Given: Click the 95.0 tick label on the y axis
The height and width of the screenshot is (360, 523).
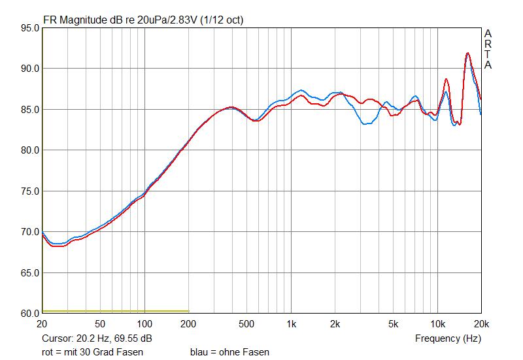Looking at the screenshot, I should click(29, 28).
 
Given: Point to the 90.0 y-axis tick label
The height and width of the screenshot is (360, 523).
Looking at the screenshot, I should click(29, 69).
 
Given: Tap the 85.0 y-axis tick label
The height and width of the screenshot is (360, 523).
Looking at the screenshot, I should click(29, 110).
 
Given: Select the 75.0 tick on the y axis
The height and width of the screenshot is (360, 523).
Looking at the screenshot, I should click(29, 191).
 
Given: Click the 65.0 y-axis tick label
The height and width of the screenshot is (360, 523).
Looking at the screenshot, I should click(29, 273).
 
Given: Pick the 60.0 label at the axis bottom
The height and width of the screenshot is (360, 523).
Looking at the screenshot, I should click(29, 314).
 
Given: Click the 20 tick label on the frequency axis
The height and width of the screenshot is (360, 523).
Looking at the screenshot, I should click(42, 324).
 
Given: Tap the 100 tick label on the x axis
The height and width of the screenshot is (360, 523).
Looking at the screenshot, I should click(144, 324).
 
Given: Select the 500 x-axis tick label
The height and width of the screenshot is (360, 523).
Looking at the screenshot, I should click(246, 324).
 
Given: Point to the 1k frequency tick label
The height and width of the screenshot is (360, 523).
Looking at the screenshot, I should click(292, 324).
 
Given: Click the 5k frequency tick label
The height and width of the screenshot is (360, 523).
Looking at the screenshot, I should click(394, 324).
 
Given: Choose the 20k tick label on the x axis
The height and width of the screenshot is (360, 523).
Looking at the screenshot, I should click(481, 324).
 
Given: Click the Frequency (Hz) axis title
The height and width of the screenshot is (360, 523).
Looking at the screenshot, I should click(448, 338).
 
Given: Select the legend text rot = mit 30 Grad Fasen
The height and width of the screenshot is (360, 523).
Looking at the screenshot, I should click(92, 352).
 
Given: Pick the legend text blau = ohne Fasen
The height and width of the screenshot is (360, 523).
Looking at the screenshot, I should click(229, 352).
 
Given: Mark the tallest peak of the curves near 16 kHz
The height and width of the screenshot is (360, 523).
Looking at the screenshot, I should click(467, 53).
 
